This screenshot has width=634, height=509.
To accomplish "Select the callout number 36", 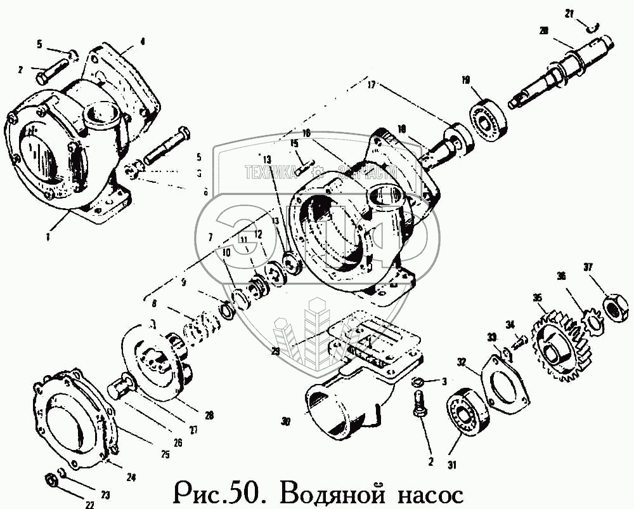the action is [560, 277].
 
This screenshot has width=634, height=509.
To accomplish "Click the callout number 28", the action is [209, 416].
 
